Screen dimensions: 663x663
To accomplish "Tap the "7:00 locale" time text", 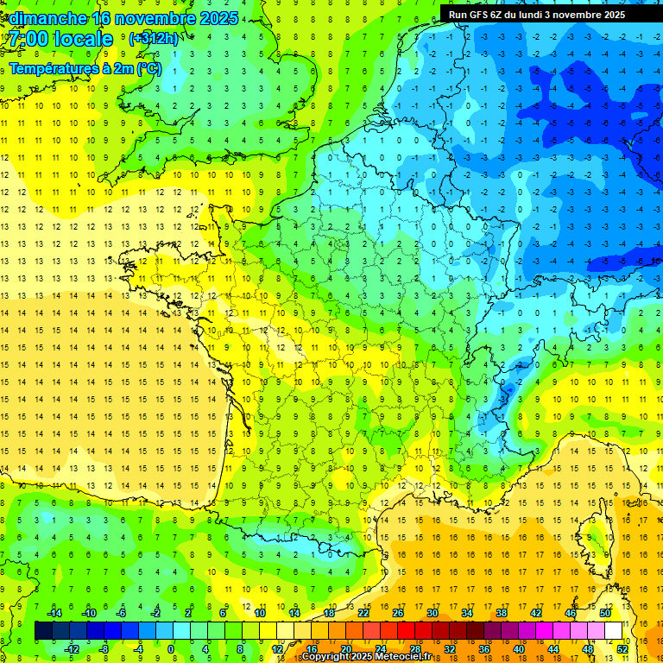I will tap(60, 39).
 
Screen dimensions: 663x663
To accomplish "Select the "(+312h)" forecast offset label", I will tap(154, 39).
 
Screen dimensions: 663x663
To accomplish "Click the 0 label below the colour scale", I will tap(171, 649).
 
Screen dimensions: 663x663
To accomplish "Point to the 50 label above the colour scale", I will tap(604, 613).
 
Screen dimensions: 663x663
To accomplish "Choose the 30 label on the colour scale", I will tap(432, 613).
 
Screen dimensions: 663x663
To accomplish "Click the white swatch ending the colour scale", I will tap(614, 630).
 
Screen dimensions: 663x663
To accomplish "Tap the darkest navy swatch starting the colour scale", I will tap(43, 630).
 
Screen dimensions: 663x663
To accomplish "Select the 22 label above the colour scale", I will tap(363, 613).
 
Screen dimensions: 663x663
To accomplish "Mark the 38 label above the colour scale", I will tap(501, 613).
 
